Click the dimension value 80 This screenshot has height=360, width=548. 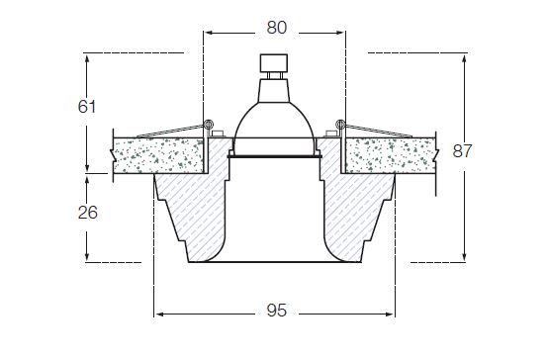[x=276, y=28]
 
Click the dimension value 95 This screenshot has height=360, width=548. [x=276, y=311]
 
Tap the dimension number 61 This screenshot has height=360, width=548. [x=87, y=106]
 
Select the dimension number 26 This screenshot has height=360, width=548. [x=88, y=213]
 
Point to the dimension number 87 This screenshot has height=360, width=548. [x=462, y=151]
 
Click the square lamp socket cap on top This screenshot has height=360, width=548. [x=274, y=63]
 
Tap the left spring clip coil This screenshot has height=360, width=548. [x=209, y=124]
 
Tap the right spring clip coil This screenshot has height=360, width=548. [x=340, y=124]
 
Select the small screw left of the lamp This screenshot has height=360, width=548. [x=218, y=134]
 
